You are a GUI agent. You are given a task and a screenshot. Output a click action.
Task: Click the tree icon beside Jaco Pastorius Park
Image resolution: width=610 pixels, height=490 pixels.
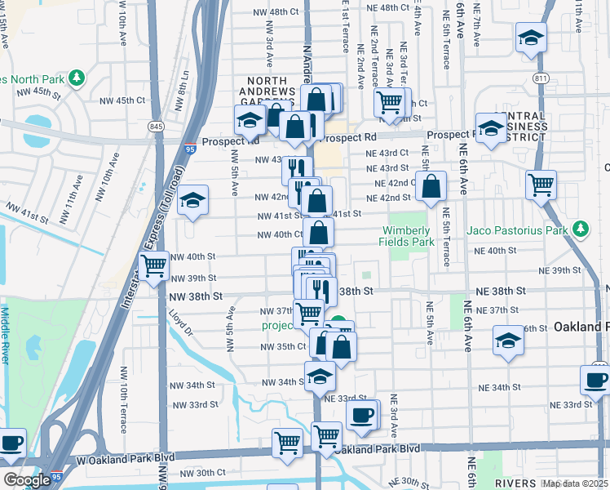[x=581, y=229]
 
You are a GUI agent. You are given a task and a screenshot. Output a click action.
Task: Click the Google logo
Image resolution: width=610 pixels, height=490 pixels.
[x=27, y=480]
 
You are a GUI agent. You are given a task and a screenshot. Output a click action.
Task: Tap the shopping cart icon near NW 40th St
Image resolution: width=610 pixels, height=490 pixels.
[x=153, y=265]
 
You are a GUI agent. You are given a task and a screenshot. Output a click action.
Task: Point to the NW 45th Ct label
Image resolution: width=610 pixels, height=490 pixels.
[x=122, y=100]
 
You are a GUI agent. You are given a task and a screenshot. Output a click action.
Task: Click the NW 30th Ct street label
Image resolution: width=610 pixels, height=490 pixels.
[x=202, y=473]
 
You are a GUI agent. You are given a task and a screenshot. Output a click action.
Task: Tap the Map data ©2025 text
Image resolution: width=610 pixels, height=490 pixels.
[x=576, y=483]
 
